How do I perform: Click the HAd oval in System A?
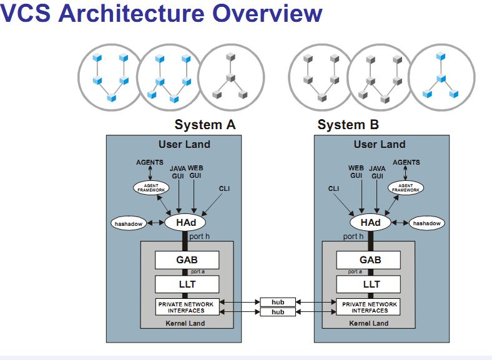[x=185, y=222]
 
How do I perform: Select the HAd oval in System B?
[x=370, y=222]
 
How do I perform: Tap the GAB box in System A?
[x=187, y=260]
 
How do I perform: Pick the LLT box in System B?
[x=371, y=285]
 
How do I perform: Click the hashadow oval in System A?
[x=129, y=223]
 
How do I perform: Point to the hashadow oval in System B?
[x=426, y=223]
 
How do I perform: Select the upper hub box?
[x=278, y=302]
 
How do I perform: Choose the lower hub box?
[x=278, y=311]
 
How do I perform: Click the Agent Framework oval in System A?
[x=151, y=187]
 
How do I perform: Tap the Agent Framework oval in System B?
[x=406, y=187]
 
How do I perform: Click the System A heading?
[x=205, y=125]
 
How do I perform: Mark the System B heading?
[x=348, y=125]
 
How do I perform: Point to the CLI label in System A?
[x=224, y=188]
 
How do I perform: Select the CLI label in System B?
[x=334, y=188]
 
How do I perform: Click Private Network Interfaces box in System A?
[x=185, y=307]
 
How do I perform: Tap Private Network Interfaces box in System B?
[x=370, y=307]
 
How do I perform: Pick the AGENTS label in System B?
[x=406, y=162]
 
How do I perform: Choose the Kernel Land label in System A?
[x=185, y=323]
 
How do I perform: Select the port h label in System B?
[x=353, y=236]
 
